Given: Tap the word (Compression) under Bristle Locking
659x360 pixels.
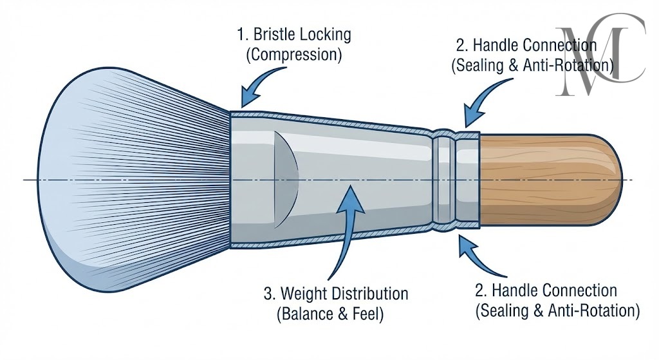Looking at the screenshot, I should coord(293,54).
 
